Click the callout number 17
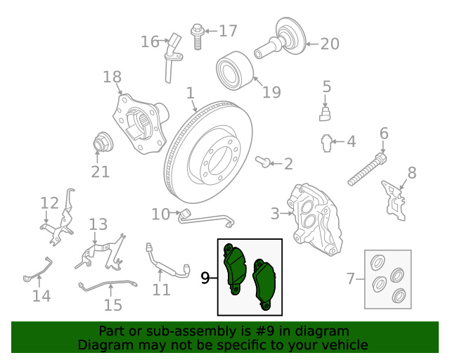(x=228, y=31)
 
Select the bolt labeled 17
(x=197, y=37)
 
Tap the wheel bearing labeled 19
(x=235, y=69)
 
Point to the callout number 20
(x=330, y=44)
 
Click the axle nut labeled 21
(x=103, y=142)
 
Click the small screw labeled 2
(x=263, y=162)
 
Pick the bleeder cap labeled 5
(x=325, y=114)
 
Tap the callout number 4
(x=352, y=141)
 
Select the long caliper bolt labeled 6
(x=367, y=169)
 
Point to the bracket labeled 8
(x=394, y=200)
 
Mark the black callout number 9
(x=205, y=278)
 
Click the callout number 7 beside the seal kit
(x=351, y=278)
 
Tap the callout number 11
(x=161, y=290)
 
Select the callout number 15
(x=112, y=305)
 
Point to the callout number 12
(x=49, y=203)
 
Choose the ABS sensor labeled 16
(x=172, y=58)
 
